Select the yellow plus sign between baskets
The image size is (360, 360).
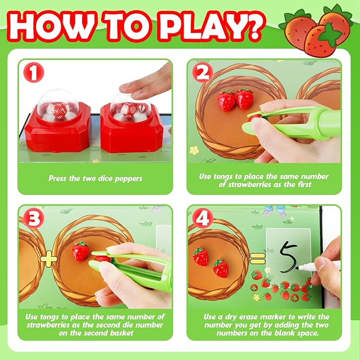click(x=49, y=259)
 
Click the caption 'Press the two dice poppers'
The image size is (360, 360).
click(x=95, y=179)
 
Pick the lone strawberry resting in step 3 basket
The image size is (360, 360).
click(x=81, y=251)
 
